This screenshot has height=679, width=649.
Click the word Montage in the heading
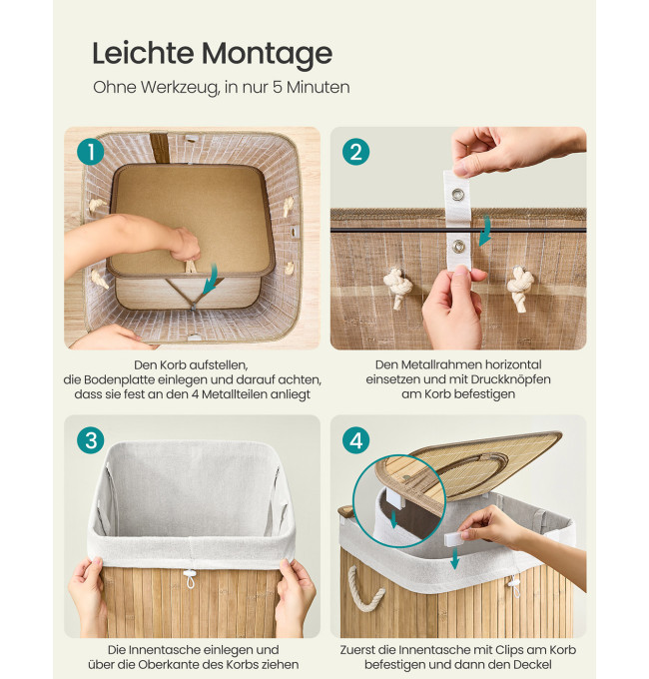coord(267,55)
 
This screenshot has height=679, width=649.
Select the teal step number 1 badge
coord(91,152)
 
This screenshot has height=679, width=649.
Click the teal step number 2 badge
coord(355,152)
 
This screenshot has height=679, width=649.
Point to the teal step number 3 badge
coord(91,440)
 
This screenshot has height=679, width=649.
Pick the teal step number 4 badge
coord(355,440)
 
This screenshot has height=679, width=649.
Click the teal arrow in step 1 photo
coord(211,278)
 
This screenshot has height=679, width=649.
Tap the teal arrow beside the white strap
coord(485,231)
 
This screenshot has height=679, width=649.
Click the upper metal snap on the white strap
coord(457,195)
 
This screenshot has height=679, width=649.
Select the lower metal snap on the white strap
coord(458,246)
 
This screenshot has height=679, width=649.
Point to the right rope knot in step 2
coord(520,288)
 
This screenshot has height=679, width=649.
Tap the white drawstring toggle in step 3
coord(189,578)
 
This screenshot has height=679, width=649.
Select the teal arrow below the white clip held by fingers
coord(454,558)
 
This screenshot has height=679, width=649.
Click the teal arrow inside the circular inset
coord(393,519)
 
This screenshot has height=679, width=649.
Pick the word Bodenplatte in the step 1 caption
coord(119,379)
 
